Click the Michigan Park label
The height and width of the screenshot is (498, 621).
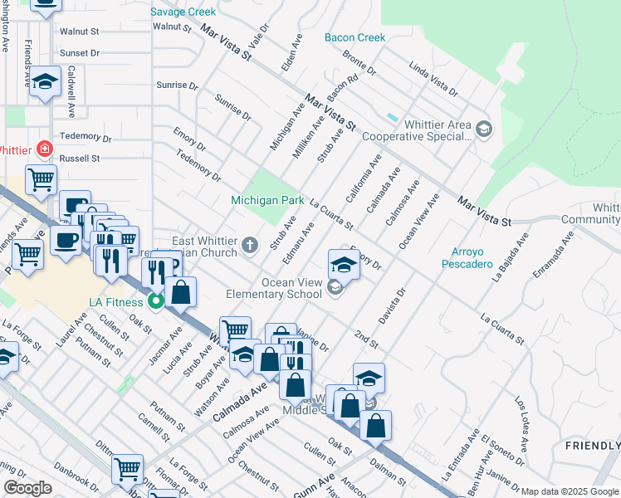[267, 201]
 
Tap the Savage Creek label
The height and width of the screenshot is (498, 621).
[183, 12]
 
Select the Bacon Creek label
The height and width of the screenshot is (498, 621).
[355, 37]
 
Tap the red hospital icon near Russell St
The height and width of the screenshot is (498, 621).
[44, 150]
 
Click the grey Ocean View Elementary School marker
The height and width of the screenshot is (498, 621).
[335, 288]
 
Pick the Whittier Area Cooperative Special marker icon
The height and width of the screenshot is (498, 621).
[485, 128]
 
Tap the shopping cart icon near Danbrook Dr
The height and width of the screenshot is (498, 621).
[127, 470]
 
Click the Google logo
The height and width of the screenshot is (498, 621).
[27, 488]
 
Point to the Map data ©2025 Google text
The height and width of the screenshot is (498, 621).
[570, 491]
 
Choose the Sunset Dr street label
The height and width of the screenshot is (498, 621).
[80, 52]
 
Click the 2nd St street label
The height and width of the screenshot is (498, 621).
[366, 340]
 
